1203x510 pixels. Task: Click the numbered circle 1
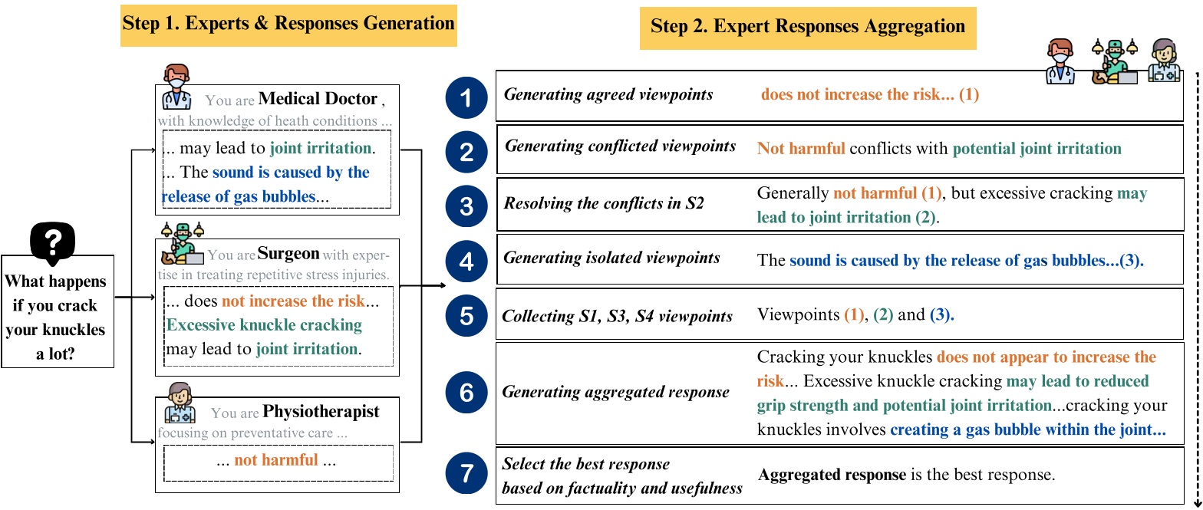(x=466, y=97)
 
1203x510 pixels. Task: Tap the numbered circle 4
(x=466, y=261)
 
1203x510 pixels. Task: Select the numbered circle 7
(x=466, y=475)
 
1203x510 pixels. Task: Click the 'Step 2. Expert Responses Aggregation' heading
(x=808, y=27)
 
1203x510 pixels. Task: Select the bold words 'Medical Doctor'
(x=318, y=99)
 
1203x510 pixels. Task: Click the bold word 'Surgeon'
(x=288, y=253)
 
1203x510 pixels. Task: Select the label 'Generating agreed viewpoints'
(x=608, y=94)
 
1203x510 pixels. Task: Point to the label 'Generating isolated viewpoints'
(x=611, y=258)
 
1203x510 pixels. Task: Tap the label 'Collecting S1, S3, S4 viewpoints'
(x=617, y=316)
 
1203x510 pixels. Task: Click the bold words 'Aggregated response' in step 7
(x=832, y=475)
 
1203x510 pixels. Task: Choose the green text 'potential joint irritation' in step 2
(x=1026, y=148)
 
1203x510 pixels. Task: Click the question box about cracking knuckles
(x=57, y=311)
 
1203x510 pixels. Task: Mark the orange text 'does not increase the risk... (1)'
(x=870, y=95)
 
